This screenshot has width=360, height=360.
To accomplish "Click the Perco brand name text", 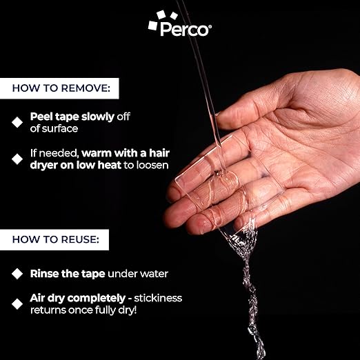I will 185,29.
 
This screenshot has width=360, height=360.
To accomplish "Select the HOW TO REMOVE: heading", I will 65,88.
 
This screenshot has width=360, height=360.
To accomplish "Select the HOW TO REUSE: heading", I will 60,241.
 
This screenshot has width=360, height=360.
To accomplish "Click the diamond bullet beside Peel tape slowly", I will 17,122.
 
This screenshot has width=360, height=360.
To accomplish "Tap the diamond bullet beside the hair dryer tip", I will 17,159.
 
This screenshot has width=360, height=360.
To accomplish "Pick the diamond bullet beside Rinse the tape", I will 17,274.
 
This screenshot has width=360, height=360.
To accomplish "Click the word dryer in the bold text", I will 47,166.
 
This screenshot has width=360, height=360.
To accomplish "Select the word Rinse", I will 46,274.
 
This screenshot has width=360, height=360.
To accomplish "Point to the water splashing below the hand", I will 248,276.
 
